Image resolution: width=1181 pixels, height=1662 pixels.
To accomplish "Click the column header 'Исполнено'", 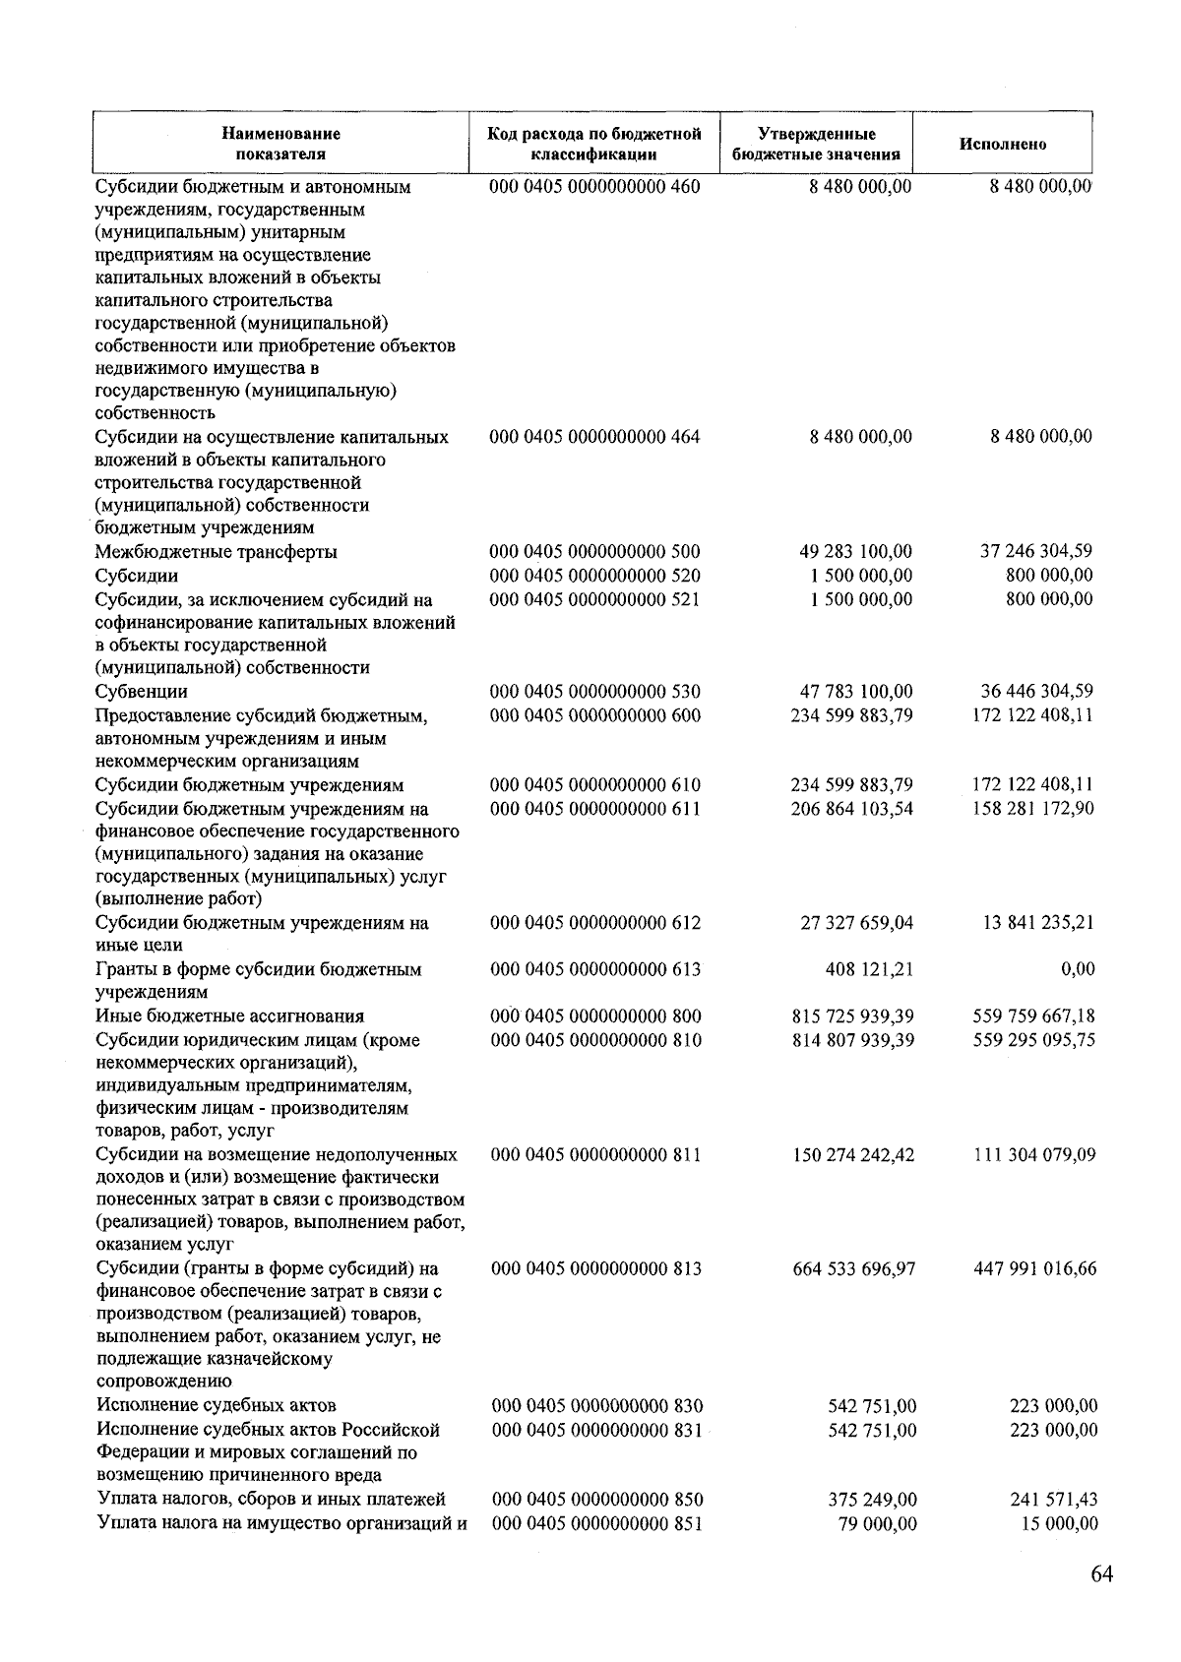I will point(1003,145).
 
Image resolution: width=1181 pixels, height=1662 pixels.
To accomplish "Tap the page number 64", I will point(1101,1574).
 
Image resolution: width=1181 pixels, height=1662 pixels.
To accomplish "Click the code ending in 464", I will point(594,437).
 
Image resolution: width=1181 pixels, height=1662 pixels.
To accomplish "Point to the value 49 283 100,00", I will point(855,552).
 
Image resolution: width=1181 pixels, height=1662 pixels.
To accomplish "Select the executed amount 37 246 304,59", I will point(1035,552).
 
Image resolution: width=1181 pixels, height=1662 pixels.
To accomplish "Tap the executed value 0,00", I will point(1078,970).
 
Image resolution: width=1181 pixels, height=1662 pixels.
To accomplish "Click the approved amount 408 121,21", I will point(869,970).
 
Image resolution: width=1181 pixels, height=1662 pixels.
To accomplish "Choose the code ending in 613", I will point(595,970).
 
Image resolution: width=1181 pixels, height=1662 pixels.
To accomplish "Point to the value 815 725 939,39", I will point(852,1016).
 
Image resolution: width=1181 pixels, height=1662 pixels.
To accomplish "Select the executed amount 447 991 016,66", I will point(1034,1269).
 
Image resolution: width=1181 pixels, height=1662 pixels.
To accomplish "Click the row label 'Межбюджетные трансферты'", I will point(216,552).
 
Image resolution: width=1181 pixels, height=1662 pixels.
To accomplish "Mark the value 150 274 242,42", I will point(853,1155).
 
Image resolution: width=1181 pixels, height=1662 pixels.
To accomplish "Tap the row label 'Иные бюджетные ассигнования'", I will point(229,1016).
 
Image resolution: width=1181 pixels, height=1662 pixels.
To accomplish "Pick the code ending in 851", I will point(597,1524).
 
